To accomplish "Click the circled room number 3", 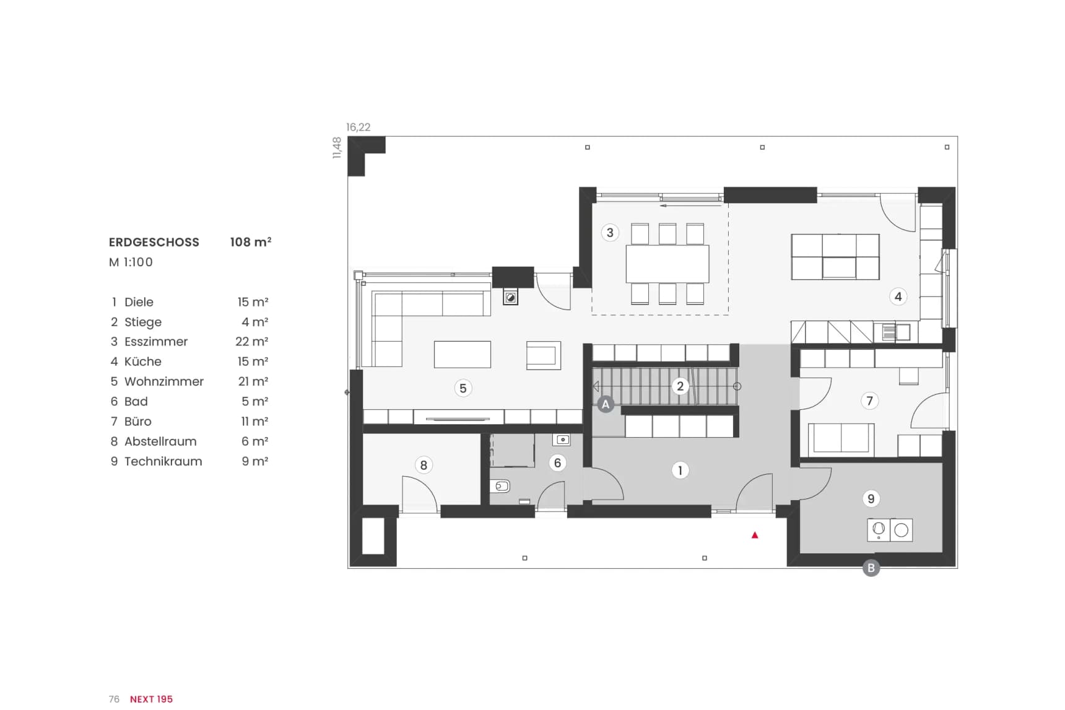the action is coord(610,233).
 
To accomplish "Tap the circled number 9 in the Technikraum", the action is coord(871,499).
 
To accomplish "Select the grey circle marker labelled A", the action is coord(606,405).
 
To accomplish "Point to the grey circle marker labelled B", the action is coord(871,568).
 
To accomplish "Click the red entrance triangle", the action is coord(755,535).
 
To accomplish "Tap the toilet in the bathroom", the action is coord(500,487).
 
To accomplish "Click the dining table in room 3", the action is coord(667,264).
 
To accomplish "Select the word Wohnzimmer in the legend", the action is coord(164,381).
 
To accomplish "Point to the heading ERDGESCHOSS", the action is coord(154,242).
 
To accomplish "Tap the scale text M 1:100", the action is coord(131,262).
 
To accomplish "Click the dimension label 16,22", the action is coord(359,127).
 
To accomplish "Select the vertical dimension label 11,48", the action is coord(337,148).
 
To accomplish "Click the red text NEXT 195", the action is coord(152,699).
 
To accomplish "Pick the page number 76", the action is coord(114,699).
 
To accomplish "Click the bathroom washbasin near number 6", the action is coord(562,440).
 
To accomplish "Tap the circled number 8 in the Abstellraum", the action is coord(424,465).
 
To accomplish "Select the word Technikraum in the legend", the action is coord(163,461).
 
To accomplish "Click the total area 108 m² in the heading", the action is coord(251,241).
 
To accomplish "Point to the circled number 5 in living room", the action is coord(463,388).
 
